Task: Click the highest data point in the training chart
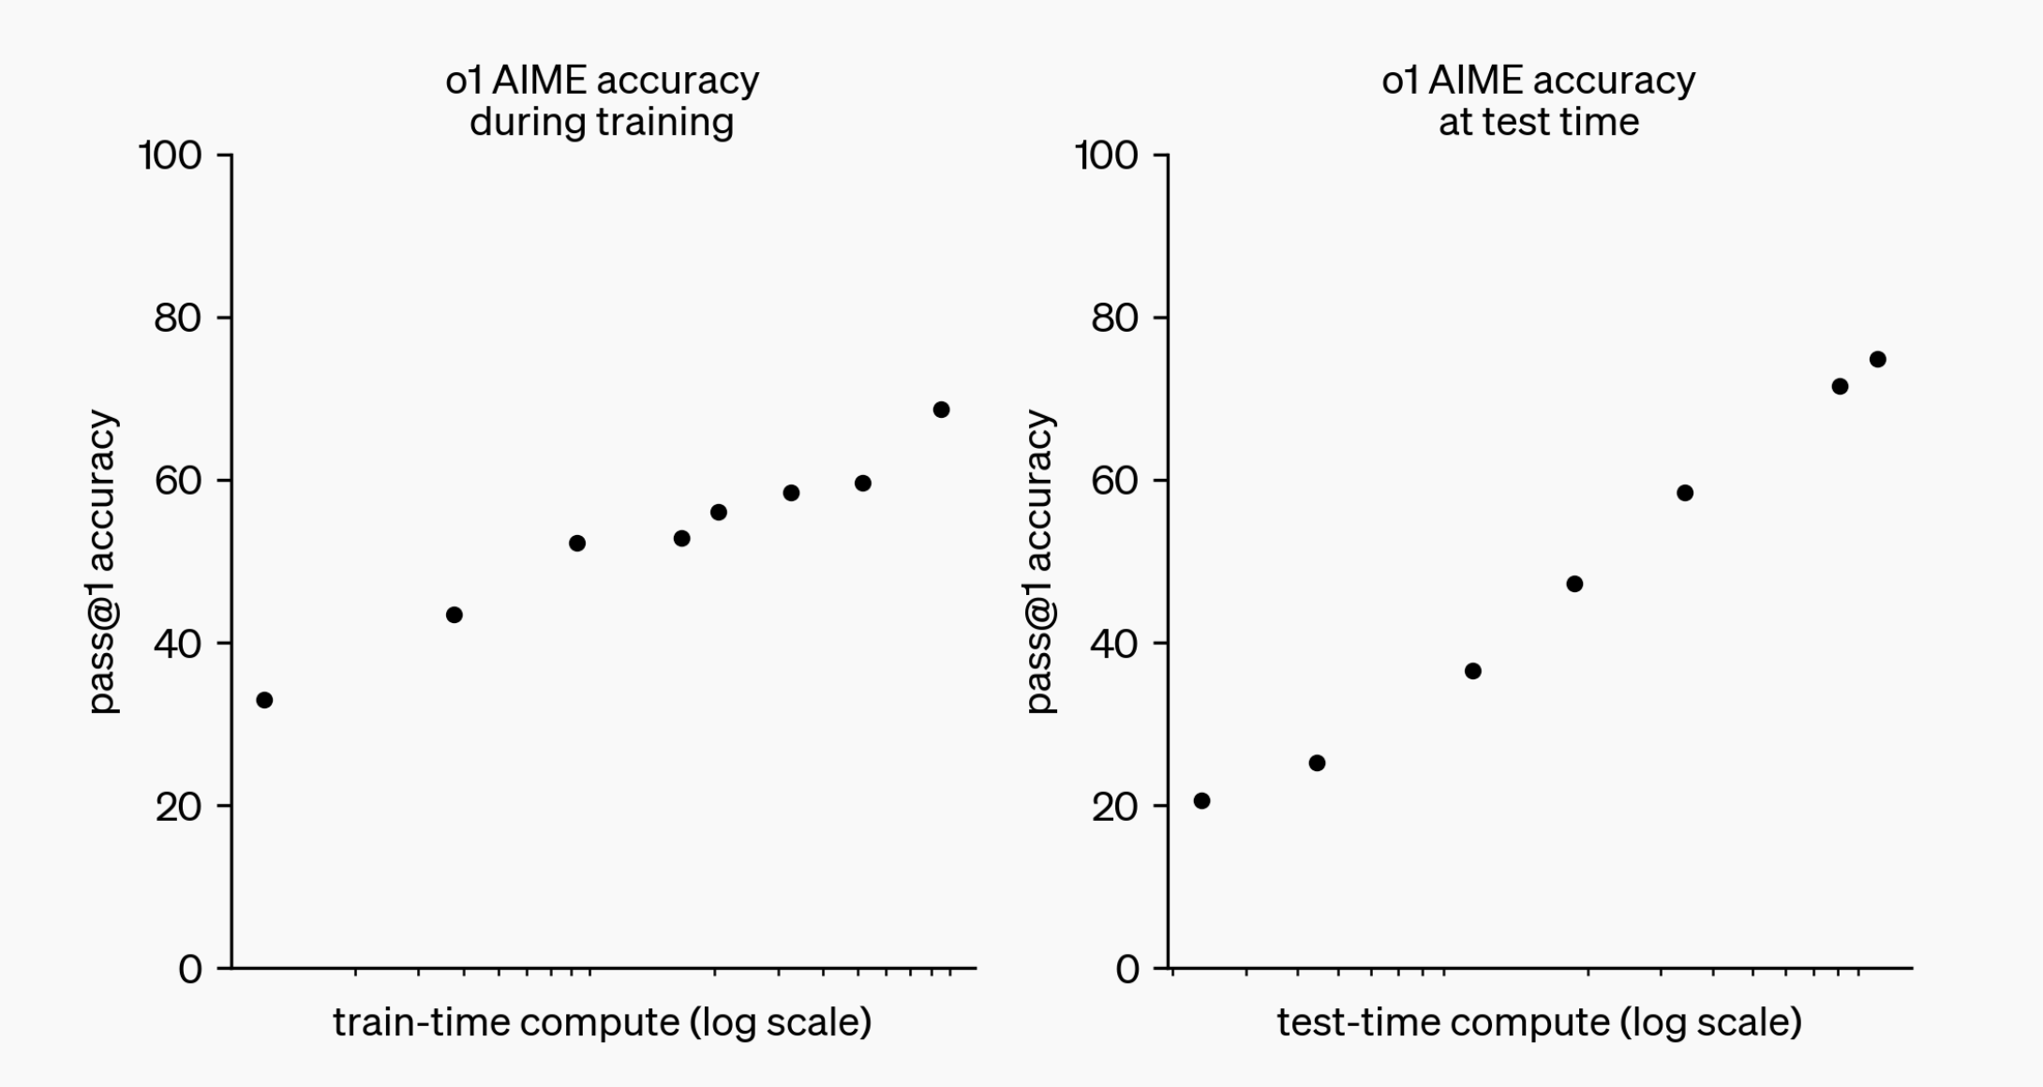[941, 409]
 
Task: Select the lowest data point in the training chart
[264, 700]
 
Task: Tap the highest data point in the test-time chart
[1877, 359]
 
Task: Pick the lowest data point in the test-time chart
[1201, 800]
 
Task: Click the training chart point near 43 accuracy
[454, 615]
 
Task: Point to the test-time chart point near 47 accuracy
[1574, 584]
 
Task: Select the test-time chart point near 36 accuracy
[1472, 671]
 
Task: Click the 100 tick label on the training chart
[171, 156]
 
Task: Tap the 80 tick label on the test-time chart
[1114, 319]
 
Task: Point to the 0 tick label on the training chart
[190, 969]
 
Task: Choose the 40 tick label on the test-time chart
[1114, 644]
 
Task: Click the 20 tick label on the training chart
[178, 807]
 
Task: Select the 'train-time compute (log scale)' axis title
[602, 1021]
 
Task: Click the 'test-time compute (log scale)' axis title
[1539, 1021]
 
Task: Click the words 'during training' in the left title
[602, 122]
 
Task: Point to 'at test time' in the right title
[1539, 122]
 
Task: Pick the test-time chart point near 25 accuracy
[1317, 763]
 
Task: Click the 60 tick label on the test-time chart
[1114, 481]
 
